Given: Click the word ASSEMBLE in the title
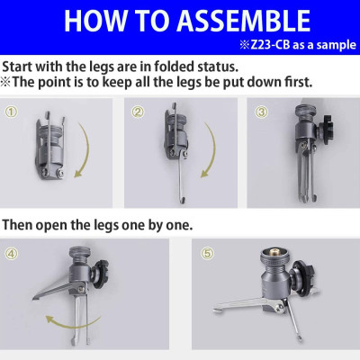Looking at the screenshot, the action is point(243,21).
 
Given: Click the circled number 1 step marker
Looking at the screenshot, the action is point(11,112).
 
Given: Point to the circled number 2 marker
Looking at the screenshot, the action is point(138,112).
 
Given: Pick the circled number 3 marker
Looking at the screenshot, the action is point(261,112).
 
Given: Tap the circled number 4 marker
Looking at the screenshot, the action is point(11,254).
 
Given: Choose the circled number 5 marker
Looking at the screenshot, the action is point(207,254).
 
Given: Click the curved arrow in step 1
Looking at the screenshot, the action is point(87,150).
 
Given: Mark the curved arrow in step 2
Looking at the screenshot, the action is point(213,150).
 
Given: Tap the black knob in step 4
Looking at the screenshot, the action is point(100,274).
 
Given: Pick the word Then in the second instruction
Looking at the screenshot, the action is point(17,225).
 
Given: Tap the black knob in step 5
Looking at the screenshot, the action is point(301,276).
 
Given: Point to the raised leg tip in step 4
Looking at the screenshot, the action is point(34,298).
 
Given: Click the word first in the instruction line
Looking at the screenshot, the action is point(299,82).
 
